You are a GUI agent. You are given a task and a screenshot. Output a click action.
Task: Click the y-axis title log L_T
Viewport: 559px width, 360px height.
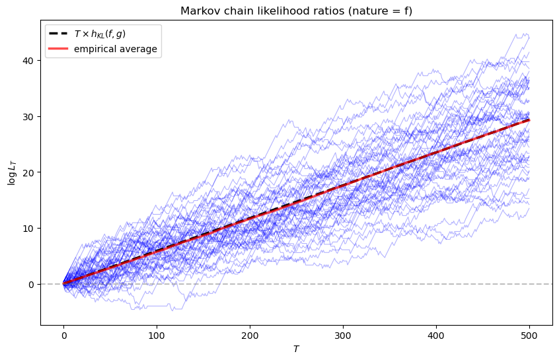click(11, 172)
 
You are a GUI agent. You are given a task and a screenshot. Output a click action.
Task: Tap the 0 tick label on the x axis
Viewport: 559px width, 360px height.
click(63, 336)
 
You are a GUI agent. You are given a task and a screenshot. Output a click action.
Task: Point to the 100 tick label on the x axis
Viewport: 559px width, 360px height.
click(157, 336)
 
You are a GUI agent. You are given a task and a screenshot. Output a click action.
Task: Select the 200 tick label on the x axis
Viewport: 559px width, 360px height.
click(250, 336)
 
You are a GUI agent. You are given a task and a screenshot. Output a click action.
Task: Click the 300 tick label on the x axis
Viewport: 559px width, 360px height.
click(343, 336)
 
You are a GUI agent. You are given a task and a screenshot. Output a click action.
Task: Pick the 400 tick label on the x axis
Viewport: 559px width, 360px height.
click(436, 336)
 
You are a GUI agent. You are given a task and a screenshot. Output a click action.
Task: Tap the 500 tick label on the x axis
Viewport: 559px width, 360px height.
click(529, 336)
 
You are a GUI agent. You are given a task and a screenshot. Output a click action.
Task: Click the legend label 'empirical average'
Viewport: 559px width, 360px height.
click(116, 49)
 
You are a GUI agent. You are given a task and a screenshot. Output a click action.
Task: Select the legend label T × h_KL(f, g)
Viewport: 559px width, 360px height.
click(108, 34)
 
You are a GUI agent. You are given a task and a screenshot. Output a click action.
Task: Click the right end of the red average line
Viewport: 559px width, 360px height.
click(529, 120)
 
